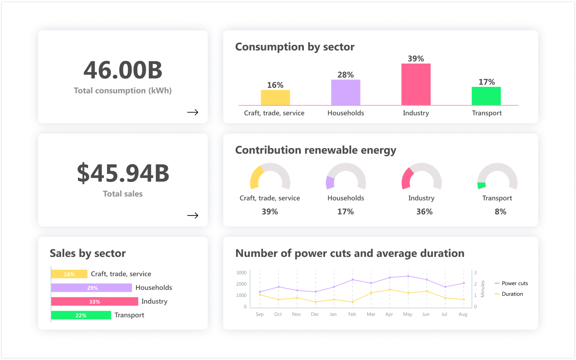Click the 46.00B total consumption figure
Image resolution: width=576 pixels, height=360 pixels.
coord(123,70)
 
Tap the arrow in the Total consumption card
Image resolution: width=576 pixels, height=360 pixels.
coord(192,112)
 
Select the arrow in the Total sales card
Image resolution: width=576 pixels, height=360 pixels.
coord(192,215)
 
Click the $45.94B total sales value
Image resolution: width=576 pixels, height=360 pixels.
coord(123,173)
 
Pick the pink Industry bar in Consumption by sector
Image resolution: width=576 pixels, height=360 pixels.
coord(416,85)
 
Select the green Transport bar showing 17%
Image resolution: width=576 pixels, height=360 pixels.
coord(486,96)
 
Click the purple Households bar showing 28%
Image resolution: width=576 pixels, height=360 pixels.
coord(346,93)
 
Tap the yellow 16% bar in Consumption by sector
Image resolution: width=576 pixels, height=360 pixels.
coord(275,97)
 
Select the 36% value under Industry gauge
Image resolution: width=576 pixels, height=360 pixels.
coord(425,212)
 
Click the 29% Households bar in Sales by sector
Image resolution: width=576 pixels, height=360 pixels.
coord(92,288)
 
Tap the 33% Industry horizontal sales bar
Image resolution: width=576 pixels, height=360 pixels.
coord(95,301)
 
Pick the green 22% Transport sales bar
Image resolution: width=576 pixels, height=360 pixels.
coord(81,315)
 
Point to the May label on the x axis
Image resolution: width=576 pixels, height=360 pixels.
coord(408,314)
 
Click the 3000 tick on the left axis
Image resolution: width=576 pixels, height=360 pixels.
coord(241,272)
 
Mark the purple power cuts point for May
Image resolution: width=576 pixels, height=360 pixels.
coord(408,276)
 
